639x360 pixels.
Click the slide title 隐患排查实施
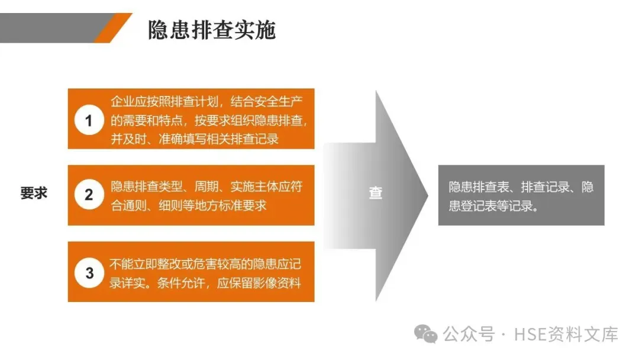(211, 30)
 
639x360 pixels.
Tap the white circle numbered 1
(89, 121)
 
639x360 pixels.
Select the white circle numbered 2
(89, 194)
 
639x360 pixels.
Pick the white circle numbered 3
(89, 273)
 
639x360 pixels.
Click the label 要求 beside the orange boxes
(34, 193)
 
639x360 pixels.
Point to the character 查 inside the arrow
(376, 193)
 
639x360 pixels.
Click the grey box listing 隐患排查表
(521, 195)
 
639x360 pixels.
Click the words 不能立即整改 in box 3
(139, 263)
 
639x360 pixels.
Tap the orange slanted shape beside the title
(112, 27)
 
